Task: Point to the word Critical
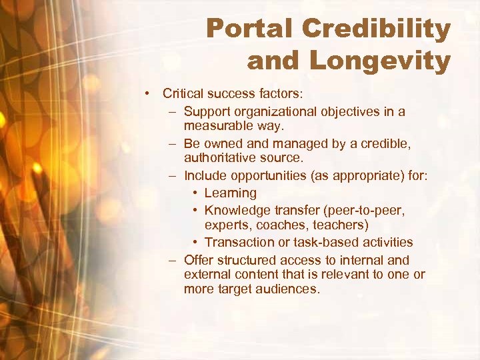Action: click(184, 94)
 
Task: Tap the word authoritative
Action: click(222, 158)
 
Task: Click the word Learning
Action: click(230, 193)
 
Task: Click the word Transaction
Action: click(239, 242)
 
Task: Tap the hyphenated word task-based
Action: click(326, 242)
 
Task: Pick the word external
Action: click(205, 275)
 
